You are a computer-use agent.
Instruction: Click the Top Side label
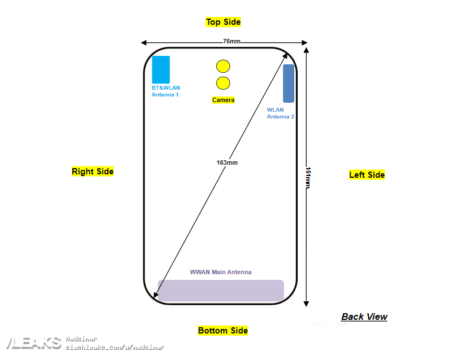click(x=223, y=22)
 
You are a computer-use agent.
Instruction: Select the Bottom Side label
click(x=223, y=331)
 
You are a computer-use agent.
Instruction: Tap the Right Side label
click(x=93, y=172)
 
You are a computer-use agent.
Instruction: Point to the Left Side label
click(x=366, y=175)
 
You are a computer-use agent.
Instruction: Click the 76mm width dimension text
click(x=231, y=42)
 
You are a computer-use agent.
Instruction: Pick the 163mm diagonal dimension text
click(x=227, y=163)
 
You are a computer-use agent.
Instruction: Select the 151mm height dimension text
click(x=308, y=177)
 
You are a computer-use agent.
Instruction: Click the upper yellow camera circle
click(x=223, y=66)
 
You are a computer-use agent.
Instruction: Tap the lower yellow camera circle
click(x=223, y=84)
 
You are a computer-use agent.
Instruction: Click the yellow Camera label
click(x=223, y=100)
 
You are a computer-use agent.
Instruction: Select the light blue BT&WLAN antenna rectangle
click(x=161, y=69)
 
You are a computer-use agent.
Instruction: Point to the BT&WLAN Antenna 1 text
click(x=165, y=91)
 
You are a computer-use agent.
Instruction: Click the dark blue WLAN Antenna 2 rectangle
click(x=289, y=84)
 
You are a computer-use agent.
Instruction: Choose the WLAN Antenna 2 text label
click(x=280, y=113)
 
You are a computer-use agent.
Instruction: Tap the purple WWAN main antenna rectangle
click(x=221, y=291)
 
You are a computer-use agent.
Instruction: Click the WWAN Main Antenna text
click(x=221, y=272)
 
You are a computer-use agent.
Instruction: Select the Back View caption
click(x=364, y=317)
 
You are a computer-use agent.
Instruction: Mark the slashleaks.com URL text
click(x=115, y=348)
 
